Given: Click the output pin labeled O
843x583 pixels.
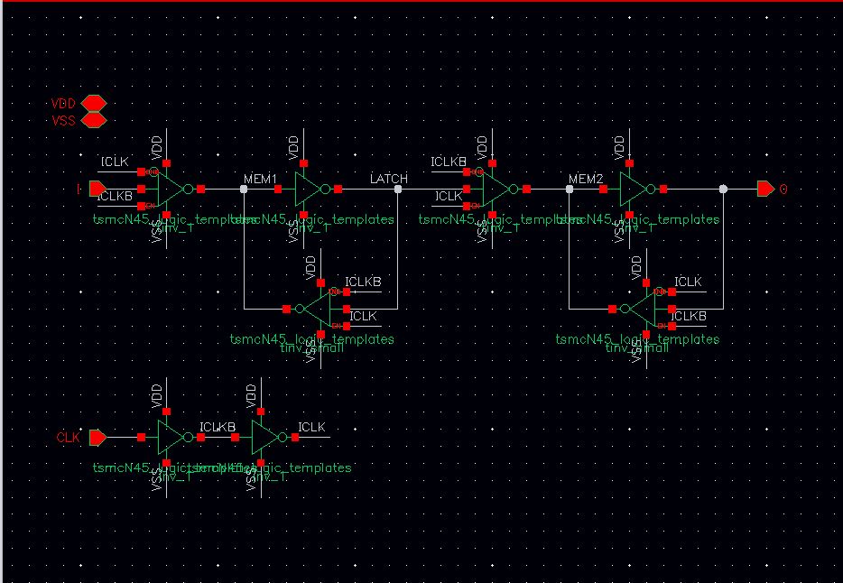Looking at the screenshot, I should [x=764, y=189].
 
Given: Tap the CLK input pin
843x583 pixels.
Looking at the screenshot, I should [x=97, y=437].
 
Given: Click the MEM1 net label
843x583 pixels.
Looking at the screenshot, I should [x=260, y=180].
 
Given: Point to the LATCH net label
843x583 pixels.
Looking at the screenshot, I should [x=389, y=179].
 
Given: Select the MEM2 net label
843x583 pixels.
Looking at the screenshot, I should [x=586, y=180].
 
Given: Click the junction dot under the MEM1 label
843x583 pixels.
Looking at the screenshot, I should [x=244, y=189].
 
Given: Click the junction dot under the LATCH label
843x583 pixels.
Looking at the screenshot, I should [x=397, y=189].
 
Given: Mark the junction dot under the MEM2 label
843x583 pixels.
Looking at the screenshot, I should [x=569, y=189].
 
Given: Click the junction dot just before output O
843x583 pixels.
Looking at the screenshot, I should [x=723, y=189].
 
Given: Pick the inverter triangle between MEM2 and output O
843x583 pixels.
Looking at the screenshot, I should [x=631, y=189].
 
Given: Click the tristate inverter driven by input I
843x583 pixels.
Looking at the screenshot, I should [x=169, y=189].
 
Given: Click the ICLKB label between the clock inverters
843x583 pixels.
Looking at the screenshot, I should [x=217, y=427].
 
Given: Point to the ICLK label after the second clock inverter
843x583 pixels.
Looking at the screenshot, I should [x=311, y=427].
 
